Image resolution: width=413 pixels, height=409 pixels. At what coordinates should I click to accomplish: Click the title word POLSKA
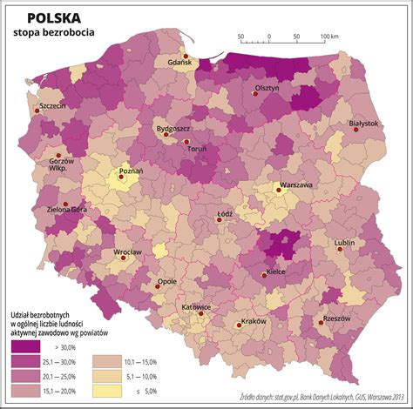(x=55, y=17)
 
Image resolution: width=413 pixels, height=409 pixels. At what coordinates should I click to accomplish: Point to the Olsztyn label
(x=266, y=90)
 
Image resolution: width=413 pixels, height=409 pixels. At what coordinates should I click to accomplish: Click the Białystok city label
(x=363, y=124)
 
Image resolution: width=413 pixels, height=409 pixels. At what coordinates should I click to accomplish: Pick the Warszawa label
(x=295, y=185)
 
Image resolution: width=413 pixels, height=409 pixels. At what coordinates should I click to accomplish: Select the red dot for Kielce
(x=265, y=276)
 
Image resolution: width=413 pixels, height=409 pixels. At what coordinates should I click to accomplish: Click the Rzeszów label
(x=335, y=318)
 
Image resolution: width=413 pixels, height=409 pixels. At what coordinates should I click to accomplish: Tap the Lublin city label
(x=343, y=243)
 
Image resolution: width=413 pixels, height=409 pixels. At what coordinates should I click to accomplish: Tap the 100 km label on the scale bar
(x=328, y=37)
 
